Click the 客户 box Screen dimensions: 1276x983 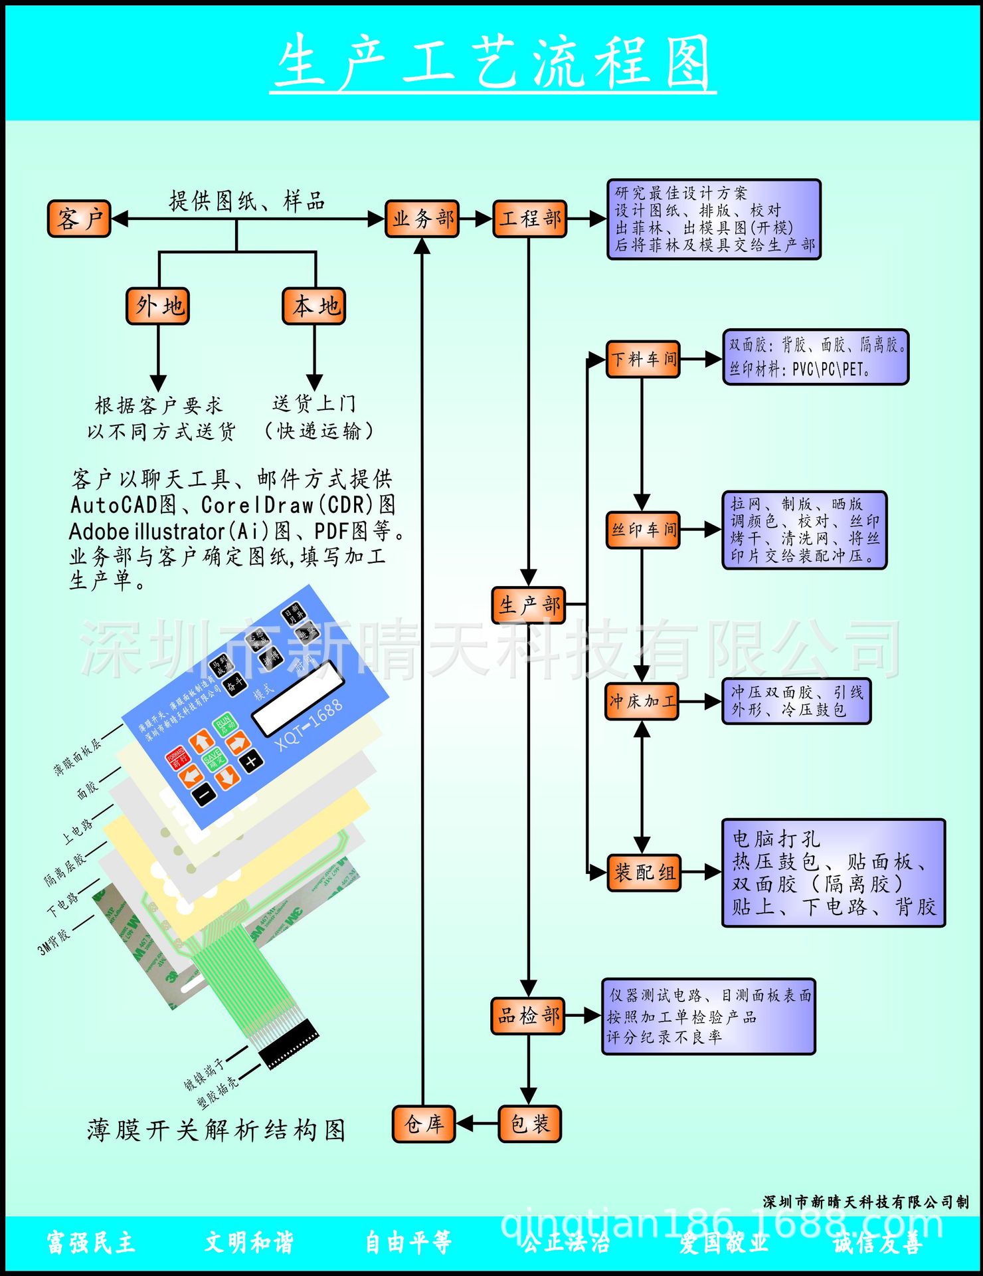pos(80,219)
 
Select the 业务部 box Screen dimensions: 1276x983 pos(422,219)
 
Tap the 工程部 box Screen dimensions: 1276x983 pos(529,219)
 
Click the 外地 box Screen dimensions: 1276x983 pos(158,306)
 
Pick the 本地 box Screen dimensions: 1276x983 pos(314,306)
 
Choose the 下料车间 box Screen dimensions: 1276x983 pos(643,360)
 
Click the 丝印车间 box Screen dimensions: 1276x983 pos(643,530)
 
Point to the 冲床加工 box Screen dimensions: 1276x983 pos(642,701)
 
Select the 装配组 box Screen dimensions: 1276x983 pos(644,872)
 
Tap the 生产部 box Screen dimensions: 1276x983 pos(529,605)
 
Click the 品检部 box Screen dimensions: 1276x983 pos(528,1015)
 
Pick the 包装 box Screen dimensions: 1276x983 pos(529,1124)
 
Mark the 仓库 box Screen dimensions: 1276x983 pos(424,1124)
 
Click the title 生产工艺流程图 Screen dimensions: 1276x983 pos(492,63)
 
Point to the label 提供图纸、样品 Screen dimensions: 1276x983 pos(247,201)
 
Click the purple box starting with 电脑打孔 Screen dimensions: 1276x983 pos(833,873)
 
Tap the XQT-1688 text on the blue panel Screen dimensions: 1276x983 pos(309,724)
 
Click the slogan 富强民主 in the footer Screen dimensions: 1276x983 pos(91,1242)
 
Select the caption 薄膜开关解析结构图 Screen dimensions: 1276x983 pos(217,1130)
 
